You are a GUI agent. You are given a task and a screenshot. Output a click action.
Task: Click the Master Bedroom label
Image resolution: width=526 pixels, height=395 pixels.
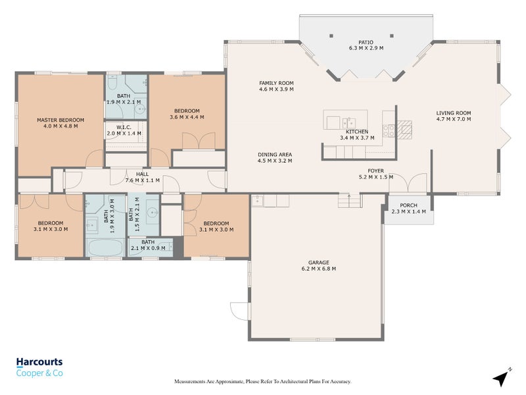tap(60, 120)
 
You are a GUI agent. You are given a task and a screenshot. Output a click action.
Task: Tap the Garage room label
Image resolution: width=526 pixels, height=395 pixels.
tap(319, 262)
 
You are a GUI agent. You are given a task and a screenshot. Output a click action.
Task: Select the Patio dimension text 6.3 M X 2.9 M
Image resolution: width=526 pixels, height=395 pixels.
tap(366, 48)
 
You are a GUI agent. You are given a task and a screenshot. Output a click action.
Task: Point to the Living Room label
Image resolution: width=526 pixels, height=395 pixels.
tap(454, 113)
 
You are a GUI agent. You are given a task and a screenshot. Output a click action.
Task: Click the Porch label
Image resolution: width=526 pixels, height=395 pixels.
tap(408, 205)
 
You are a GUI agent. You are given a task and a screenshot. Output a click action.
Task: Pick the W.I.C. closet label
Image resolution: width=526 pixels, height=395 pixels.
tap(124, 127)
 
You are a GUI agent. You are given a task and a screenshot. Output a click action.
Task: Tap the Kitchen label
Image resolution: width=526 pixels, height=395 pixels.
tap(357, 132)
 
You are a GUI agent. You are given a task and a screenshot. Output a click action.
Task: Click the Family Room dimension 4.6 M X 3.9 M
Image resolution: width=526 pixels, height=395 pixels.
tap(276, 90)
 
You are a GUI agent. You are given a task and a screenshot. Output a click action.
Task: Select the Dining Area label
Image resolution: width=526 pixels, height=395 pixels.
tap(275, 155)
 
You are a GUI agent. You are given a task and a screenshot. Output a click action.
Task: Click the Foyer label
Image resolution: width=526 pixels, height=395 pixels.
tap(375, 171)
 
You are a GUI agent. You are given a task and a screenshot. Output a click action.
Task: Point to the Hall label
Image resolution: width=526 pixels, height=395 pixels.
tap(142, 174)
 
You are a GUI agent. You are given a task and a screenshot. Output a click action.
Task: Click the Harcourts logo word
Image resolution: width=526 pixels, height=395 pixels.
tap(39, 361)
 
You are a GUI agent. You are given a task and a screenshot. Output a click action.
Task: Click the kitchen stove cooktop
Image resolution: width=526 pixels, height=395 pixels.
tap(389, 130)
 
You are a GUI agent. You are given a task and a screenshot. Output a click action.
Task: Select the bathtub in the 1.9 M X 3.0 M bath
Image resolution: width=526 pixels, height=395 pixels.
tap(105, 248)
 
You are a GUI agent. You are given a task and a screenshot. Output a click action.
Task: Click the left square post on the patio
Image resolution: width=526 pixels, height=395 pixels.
tap(331, 36)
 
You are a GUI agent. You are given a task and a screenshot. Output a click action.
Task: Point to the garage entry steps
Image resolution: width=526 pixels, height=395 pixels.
tap(349, 201)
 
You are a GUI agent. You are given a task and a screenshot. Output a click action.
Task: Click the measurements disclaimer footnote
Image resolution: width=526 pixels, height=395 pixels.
tap(262, 382)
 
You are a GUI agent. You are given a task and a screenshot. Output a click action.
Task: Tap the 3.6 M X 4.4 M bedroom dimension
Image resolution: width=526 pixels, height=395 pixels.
tap(187, 117)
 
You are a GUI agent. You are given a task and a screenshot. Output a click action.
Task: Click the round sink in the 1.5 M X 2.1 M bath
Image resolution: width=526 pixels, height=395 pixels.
tap(153, 212)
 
